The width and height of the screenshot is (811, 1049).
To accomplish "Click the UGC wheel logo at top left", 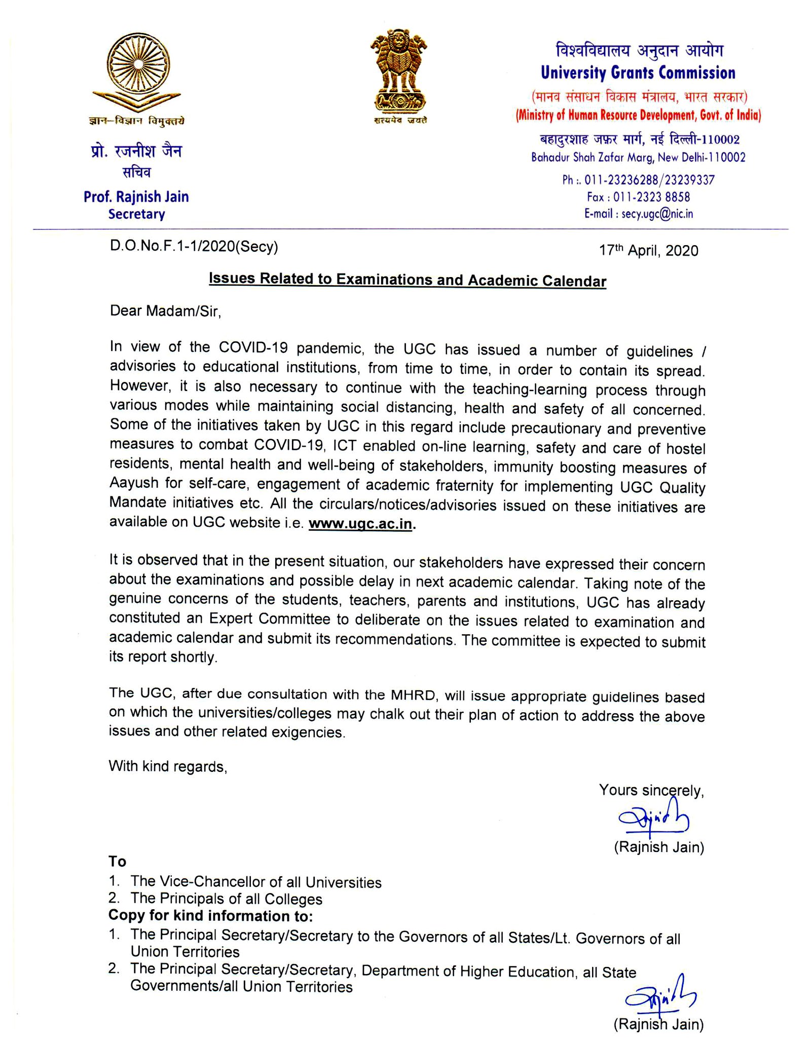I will click(137, 70).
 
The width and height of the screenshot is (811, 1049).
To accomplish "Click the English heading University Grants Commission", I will click(638, 73).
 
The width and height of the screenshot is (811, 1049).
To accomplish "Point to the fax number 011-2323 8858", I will click(651, 197).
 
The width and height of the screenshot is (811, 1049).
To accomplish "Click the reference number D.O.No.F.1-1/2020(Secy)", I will click(194, 247).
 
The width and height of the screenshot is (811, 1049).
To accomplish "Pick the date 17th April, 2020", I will click(648, 250).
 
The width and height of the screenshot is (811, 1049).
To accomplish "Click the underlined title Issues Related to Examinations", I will click(407, 280).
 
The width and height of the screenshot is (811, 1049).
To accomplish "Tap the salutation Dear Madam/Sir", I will click(166, 310).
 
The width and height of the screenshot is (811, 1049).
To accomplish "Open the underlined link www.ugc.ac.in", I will click(361, 524).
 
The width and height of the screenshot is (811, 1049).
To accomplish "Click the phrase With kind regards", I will click(168, 766).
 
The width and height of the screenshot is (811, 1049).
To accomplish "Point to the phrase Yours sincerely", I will click(651, 790).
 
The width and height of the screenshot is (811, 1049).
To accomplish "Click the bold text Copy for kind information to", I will click(210, 916).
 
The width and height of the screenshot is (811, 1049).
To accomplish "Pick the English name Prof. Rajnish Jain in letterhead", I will click(136, 197).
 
